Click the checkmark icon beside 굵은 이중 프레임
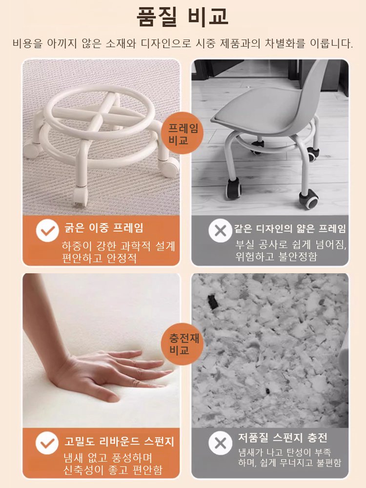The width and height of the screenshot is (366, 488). tap(47, 230)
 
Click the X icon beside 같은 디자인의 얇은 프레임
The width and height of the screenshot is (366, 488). tap(220, 230)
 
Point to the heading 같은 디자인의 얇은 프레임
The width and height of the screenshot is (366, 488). tap(290, 228)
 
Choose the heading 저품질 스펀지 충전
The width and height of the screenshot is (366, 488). tap(283, 437)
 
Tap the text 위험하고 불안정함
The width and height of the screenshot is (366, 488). tap(276, 257)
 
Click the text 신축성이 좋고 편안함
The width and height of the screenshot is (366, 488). tap(113, 470)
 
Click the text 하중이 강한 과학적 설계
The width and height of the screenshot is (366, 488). tap(118, 245)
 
